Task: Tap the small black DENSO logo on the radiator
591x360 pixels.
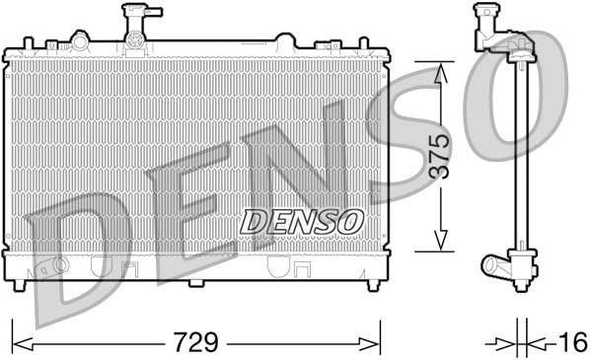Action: [303, 221]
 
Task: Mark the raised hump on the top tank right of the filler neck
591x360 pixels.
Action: [283, 41]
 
